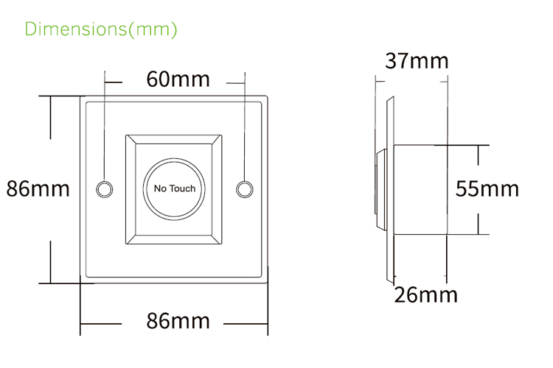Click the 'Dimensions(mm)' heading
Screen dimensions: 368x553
tap(101, 29)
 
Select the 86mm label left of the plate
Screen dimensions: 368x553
tap(38, 188)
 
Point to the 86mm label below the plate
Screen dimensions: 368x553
tap(178, 321)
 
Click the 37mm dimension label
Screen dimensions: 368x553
tap(417, 60)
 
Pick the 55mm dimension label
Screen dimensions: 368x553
tap(487, 188)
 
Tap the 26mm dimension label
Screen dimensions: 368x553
tap(425, 295)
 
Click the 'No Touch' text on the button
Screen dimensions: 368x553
tap(175, 188)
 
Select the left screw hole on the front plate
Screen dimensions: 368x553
tap(105, 188)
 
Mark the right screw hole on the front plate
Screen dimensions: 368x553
tap(244, 188)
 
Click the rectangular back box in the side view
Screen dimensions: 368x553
tap(421, 189)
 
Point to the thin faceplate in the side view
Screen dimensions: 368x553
tap(388, 189)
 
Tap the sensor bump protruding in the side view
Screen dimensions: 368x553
tap(380, 189)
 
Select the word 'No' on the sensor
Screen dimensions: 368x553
tap(161, 188)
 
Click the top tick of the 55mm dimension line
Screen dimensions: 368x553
tap(479, 145)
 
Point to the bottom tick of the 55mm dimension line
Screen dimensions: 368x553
tap(479, 234)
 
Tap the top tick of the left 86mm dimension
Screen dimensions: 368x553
tap(50, 96)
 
